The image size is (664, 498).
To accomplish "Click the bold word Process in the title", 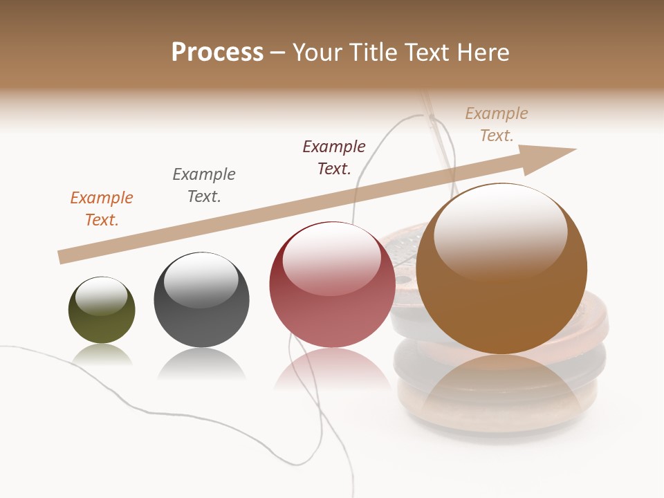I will [217, 52].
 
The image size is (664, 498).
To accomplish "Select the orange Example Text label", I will [102, 208].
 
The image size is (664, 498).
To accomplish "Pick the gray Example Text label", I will [204, 185].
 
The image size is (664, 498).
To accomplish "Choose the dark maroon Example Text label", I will [334, 157].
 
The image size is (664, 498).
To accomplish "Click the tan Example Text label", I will [497, 124].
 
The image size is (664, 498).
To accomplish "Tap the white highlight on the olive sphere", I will [101, 295].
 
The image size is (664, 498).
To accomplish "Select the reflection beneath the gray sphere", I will [201, 364].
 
